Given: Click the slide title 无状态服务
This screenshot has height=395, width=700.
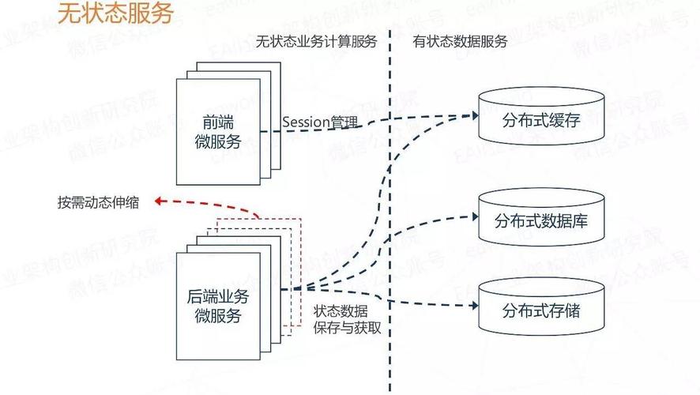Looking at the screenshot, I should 115,13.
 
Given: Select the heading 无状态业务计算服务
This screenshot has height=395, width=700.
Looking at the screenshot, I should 316,42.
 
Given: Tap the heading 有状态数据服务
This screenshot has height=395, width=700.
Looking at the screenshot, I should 460,42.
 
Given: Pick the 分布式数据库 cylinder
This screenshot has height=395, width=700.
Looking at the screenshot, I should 541,220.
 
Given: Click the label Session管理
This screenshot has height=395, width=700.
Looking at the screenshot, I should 320,123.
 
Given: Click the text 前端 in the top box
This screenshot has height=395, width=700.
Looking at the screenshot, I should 217,123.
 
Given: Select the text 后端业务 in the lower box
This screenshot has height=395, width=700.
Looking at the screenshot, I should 217,298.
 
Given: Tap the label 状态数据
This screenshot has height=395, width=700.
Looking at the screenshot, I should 340,311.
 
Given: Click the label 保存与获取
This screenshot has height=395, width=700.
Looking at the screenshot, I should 347,327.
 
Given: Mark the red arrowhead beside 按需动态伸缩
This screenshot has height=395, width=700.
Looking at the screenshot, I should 158,201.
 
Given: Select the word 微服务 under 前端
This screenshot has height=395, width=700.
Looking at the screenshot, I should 217,142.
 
